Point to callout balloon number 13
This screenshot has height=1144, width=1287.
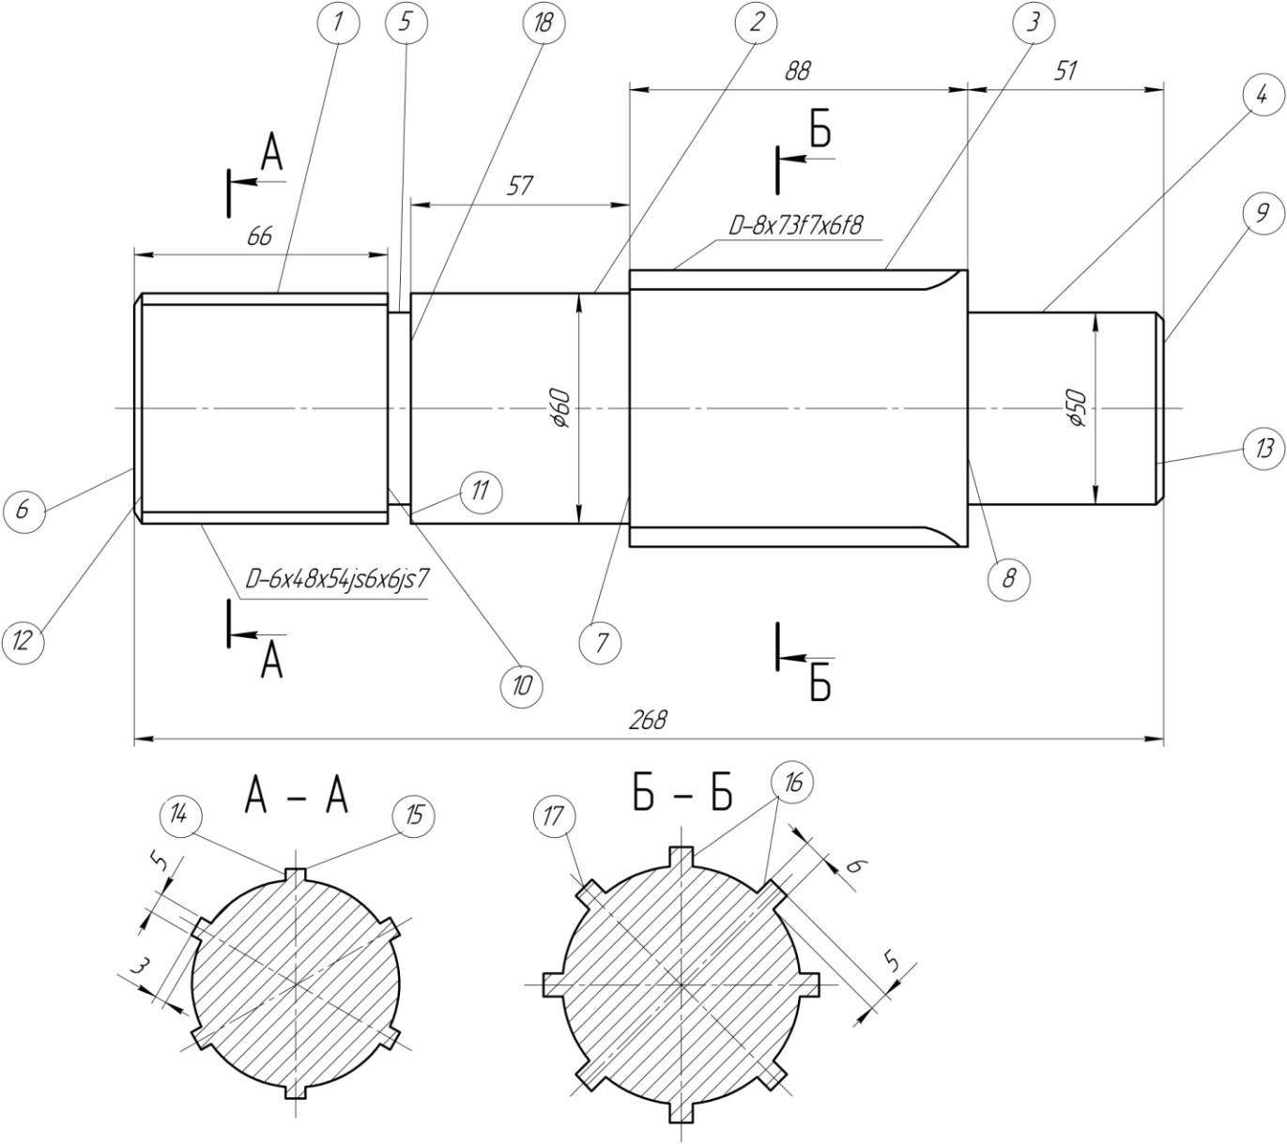pos(1264,449)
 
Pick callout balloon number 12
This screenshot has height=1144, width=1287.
pos(23,641)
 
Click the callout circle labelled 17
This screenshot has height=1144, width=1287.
pos(553,816)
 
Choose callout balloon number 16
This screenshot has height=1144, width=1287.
pos(793,783)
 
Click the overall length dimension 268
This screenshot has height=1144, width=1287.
pos(648,720)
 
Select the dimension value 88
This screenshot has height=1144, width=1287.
pos(796,71)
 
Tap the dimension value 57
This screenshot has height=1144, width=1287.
pos(518,186)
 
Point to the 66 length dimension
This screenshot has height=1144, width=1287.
pos(259,236)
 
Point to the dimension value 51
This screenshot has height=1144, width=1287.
pos(1065,71)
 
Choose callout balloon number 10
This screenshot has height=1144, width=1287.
pos(522,684)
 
